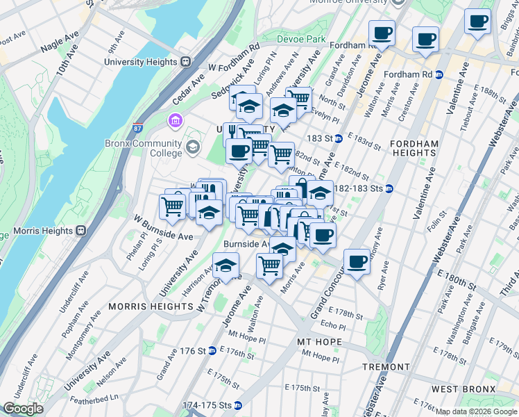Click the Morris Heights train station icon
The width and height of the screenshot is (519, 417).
(81, 230)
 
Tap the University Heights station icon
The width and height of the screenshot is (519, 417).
(185, 62)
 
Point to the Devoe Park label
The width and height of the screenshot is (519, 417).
(301, 40)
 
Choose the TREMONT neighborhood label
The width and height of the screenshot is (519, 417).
(386, 366)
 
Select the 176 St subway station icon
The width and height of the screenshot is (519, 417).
(212, 351)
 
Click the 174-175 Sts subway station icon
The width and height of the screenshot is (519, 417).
(238, 404)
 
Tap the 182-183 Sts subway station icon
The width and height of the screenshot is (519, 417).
(390, 188)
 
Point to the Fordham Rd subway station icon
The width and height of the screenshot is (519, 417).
(439, 74)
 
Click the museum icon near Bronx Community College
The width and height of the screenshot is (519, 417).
(175, 122)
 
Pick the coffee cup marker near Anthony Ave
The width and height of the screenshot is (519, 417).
(357, 261)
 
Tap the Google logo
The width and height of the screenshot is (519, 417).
(23, 409)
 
